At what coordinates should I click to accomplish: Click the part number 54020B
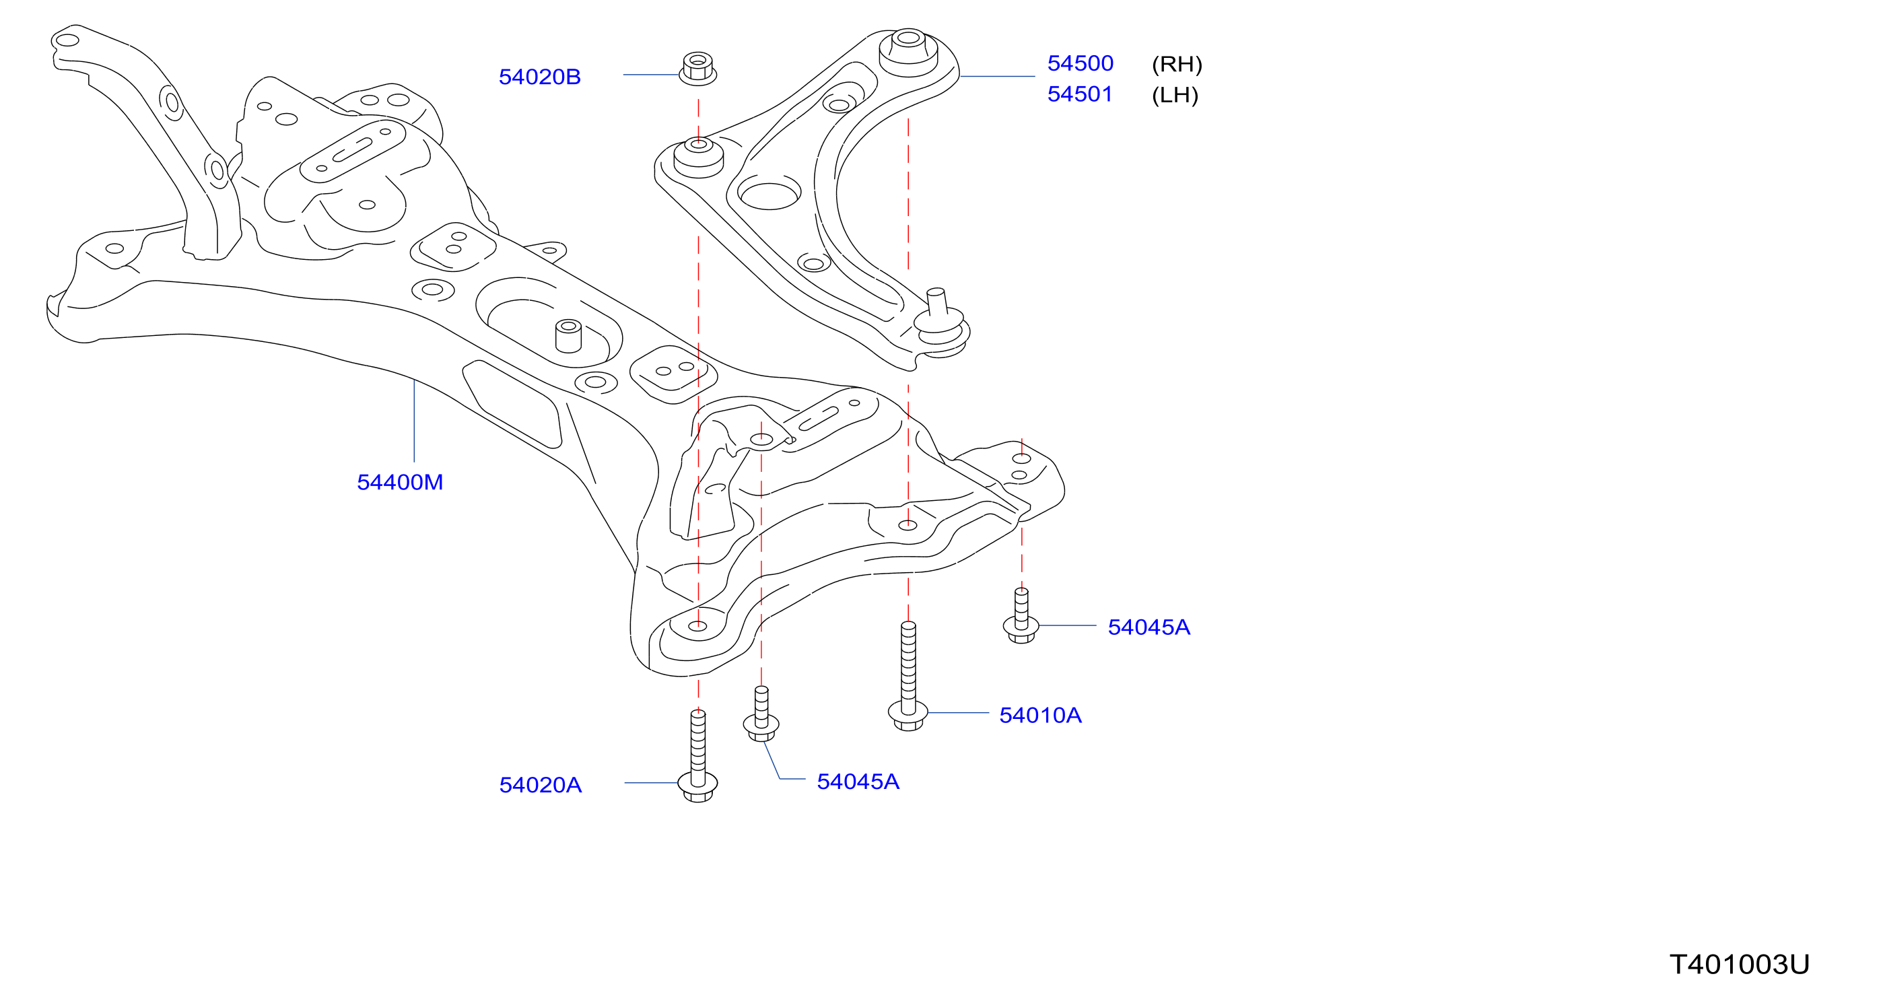pos(539,77)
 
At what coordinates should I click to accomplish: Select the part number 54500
pos(1081,63)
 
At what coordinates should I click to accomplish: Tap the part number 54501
pos(1080,94)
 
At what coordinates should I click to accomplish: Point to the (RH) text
pos(1177,65)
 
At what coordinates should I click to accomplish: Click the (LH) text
pos(1175,95)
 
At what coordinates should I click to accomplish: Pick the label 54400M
pos(400,482)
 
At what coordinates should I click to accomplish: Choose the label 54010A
pos(1040,715)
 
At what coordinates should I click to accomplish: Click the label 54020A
pos(540,785)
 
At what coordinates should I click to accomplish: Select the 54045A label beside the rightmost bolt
pos(1149,627)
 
